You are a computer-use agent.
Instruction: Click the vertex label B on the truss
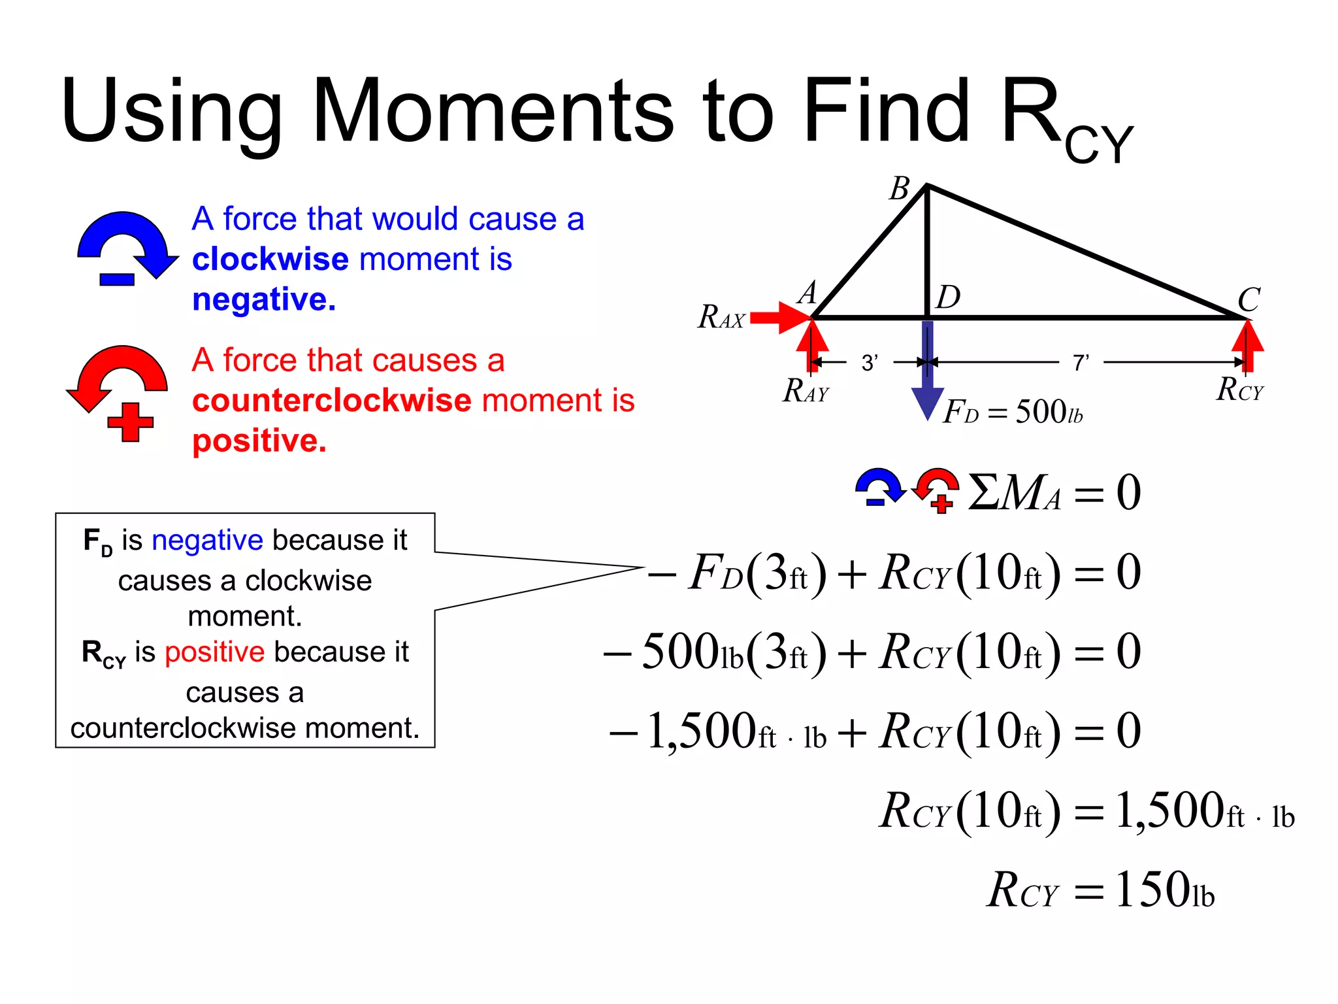coord(900,189)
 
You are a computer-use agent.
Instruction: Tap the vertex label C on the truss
coord(1248,300)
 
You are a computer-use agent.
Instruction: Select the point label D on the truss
coord(948,297)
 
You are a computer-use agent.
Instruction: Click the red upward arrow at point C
coord(1247,344)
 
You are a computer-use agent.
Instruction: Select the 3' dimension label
coord(870,362)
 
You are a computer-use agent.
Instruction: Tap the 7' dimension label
coord(1081,362)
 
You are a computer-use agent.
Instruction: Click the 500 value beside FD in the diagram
coord(1041,412)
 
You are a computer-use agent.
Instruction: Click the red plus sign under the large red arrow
coord(130,422)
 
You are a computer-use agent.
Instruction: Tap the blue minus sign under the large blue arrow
coord(117,280)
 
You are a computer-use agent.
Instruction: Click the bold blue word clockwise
coord(270,259)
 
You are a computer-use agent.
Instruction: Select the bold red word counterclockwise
coord(332,401)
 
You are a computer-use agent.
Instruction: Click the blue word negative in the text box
coord(207,541)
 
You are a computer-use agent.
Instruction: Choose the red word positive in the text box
coord(214,652)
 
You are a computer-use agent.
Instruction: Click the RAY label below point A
coord(806,391)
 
